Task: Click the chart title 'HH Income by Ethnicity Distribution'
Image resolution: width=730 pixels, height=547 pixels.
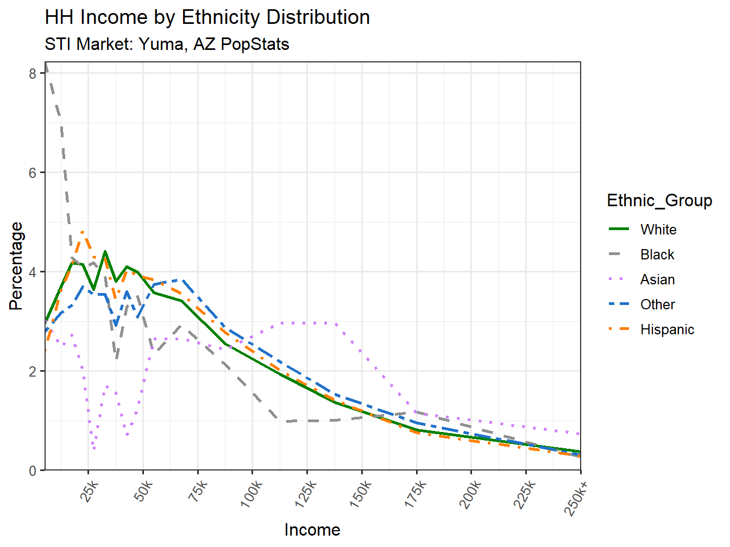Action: click(207, 17)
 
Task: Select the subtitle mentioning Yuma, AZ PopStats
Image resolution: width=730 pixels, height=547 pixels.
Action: click(167, 44)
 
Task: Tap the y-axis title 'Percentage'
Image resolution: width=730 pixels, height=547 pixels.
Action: click(16, 266)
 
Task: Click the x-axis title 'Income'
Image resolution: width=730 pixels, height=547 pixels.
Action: click(312, 530)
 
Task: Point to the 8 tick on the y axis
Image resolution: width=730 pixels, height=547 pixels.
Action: click(33, 74)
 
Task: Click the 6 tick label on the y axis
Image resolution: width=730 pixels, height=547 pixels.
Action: click(33, 173)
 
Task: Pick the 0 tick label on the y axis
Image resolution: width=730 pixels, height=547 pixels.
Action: click(33, 470)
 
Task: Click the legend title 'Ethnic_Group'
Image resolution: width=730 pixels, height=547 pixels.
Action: click(659, 200)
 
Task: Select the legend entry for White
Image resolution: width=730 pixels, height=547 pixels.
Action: click(658, 230)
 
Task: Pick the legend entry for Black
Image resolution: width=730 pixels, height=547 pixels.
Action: click(657, 255)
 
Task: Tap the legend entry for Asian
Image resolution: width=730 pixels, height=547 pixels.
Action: click(657, 279)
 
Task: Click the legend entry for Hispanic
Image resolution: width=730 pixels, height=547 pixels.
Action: click(666, 329)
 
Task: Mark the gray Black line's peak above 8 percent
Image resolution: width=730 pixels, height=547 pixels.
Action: click(46, 65)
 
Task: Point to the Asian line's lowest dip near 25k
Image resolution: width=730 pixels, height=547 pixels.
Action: click(95, 448)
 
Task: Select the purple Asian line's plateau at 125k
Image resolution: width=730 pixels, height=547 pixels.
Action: click(307, 323)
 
